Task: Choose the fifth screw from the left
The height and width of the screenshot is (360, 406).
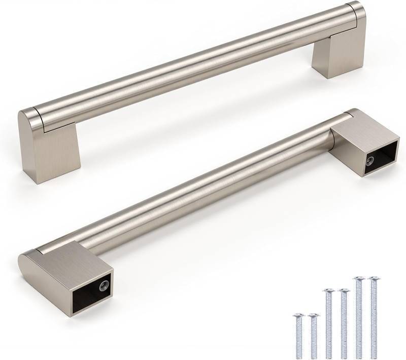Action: [359, 317]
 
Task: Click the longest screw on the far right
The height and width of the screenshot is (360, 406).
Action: [374, 317]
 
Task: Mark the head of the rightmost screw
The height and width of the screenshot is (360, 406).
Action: [374, 279]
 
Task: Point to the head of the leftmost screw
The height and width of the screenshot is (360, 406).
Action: [298, 316]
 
